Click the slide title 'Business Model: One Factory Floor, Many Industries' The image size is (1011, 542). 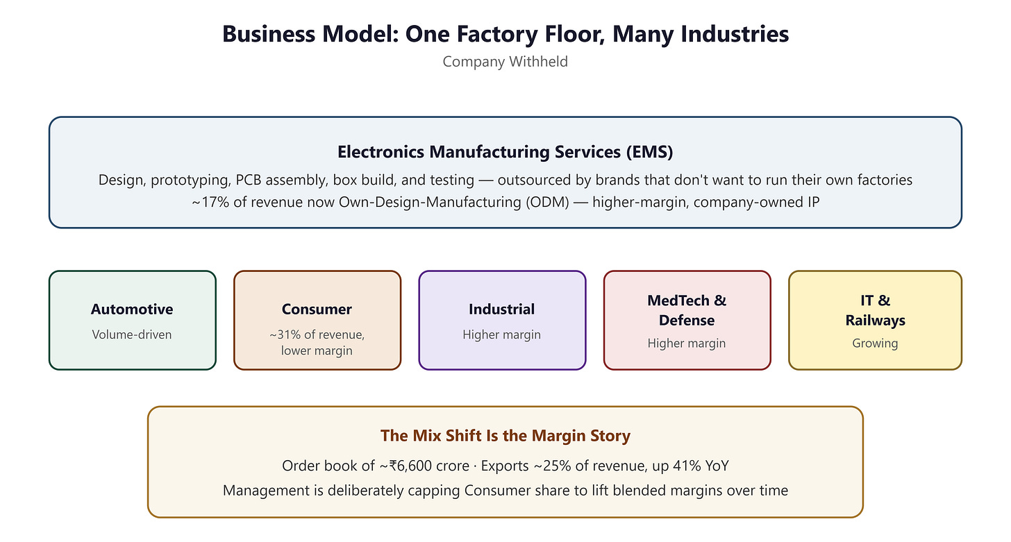(505, 34)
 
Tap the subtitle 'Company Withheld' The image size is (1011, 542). (505, 61)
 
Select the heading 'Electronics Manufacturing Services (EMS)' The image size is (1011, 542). (505, 152)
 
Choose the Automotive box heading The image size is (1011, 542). (132, 310)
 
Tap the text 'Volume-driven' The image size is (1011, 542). (132, 334)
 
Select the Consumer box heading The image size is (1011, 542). (317, 310)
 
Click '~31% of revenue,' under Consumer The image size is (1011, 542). (317, 334)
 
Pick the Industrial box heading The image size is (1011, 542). (501, 310)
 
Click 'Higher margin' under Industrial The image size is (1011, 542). (501, 334)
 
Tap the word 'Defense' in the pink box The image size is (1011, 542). (687, 321)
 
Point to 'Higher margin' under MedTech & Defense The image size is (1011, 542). (687, 343)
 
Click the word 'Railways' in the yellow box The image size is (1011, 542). (875, 321)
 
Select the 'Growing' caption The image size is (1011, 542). (875, 343)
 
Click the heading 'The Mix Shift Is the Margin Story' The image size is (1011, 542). (505, 436)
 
